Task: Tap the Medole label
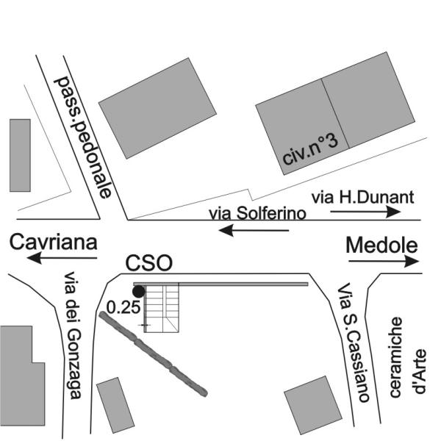381,245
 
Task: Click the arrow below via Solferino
254,230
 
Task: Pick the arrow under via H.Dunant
365,211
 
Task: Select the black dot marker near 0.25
138,292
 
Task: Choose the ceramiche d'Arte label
408,356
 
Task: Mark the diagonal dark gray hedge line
153,354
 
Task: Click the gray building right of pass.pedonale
157,106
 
